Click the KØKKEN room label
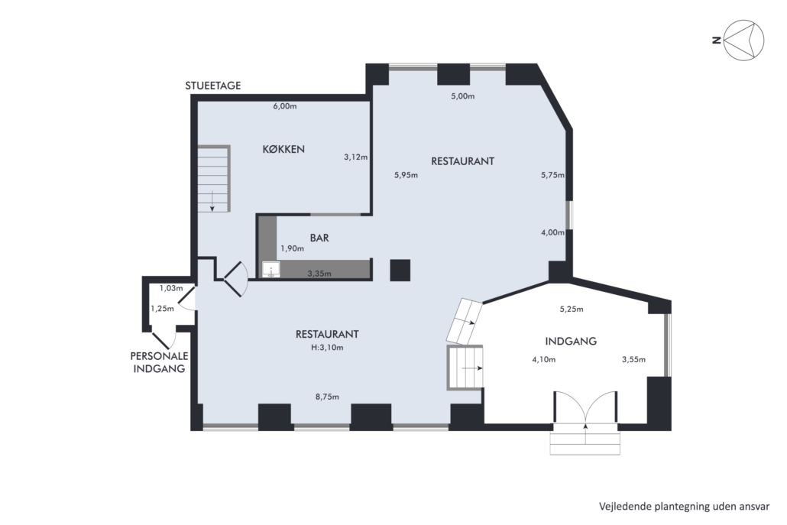pyautogui.click(x=283, y=149)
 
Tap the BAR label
pyautogui.click(x=319, y=238)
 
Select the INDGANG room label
pyautogui.click(x=571, y=342)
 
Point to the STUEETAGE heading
pyautogui.click(x=213, y=86)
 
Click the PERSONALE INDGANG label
pyautogui.click(x=159, y=362)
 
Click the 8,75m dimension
pyautogui.click(x=327, y=397)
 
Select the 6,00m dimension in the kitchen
pyautogui.click(x=284, y=106)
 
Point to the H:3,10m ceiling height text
pyautogui.click(x=327, y=347)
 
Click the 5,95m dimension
pyautogui.click(x=406, y=175)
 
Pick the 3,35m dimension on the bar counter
pyautogui.click(x=319, y=274)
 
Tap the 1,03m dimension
pyautogui.click(x=171, y=288)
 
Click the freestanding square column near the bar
pyautogui.click(x=400, y=270)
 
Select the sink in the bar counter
pyautogui.click(x=271, y=270)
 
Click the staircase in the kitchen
pyautogui.click(x=214, y=178)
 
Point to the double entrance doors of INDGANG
pyautogui.click(x=585, y=407)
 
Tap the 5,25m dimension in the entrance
pyautogui.click(x=572, y=309)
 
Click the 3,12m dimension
pyautogui.click(x=355, y=157)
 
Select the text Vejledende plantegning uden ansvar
pyautogui.click(x=684, y=507)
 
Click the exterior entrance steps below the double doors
pyautogui.click(x=585, y=439)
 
